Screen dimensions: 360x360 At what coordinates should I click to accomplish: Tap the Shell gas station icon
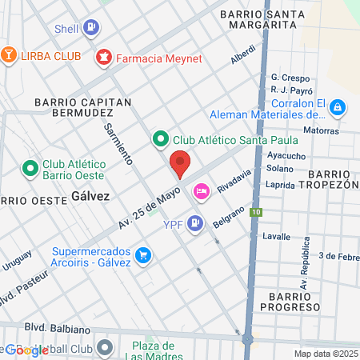point(92,28)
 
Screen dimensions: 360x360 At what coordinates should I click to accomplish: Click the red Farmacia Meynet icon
point(104,57)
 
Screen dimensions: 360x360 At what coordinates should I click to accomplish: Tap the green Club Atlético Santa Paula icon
point(160,140)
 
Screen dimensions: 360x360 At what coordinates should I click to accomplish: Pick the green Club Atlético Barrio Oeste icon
point(30,169)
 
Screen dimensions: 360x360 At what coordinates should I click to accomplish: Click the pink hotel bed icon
point(200,190)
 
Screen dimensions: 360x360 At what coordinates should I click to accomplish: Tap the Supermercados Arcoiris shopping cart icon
point(143,255)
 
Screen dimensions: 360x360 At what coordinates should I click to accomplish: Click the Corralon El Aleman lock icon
point(338,106)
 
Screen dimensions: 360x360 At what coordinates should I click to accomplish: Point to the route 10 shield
point(255,212)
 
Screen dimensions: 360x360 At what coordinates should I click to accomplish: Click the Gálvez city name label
point(90,195)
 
